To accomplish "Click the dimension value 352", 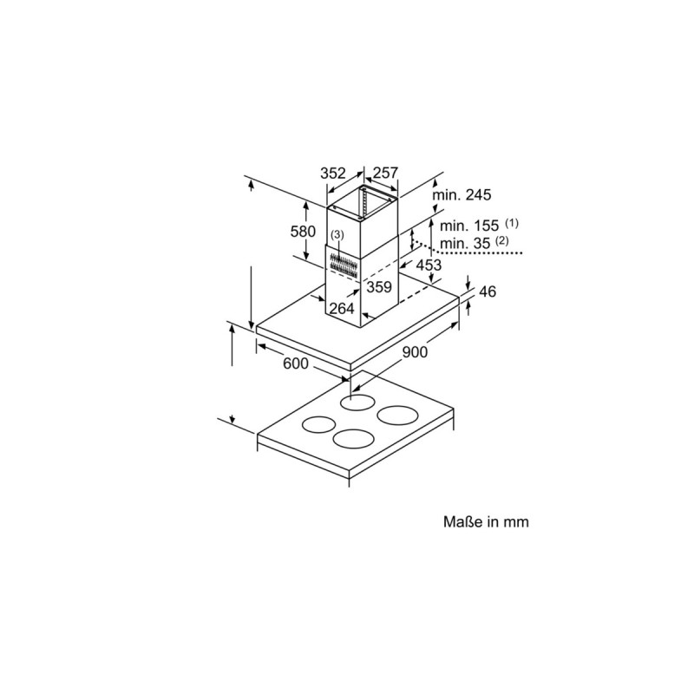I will pyautogui.click(x=334, y=173).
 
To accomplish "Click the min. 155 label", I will pyautogui.click(x=468, y=226).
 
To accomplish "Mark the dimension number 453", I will pyautogui.click(x=429, y=265).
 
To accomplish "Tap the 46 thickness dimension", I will pyautogui.click(x=488, y=291).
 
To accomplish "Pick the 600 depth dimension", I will pyautogui.click(x=296, y=364).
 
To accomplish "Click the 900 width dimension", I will pyautogui.click(x=414, y=353).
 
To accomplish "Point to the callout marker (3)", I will pyautogui.click(x=337, y=235).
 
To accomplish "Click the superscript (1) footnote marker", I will pyautogui.click(x=512, y=222).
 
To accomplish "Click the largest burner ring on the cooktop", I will pyautogui.click(x=394, y=416).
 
